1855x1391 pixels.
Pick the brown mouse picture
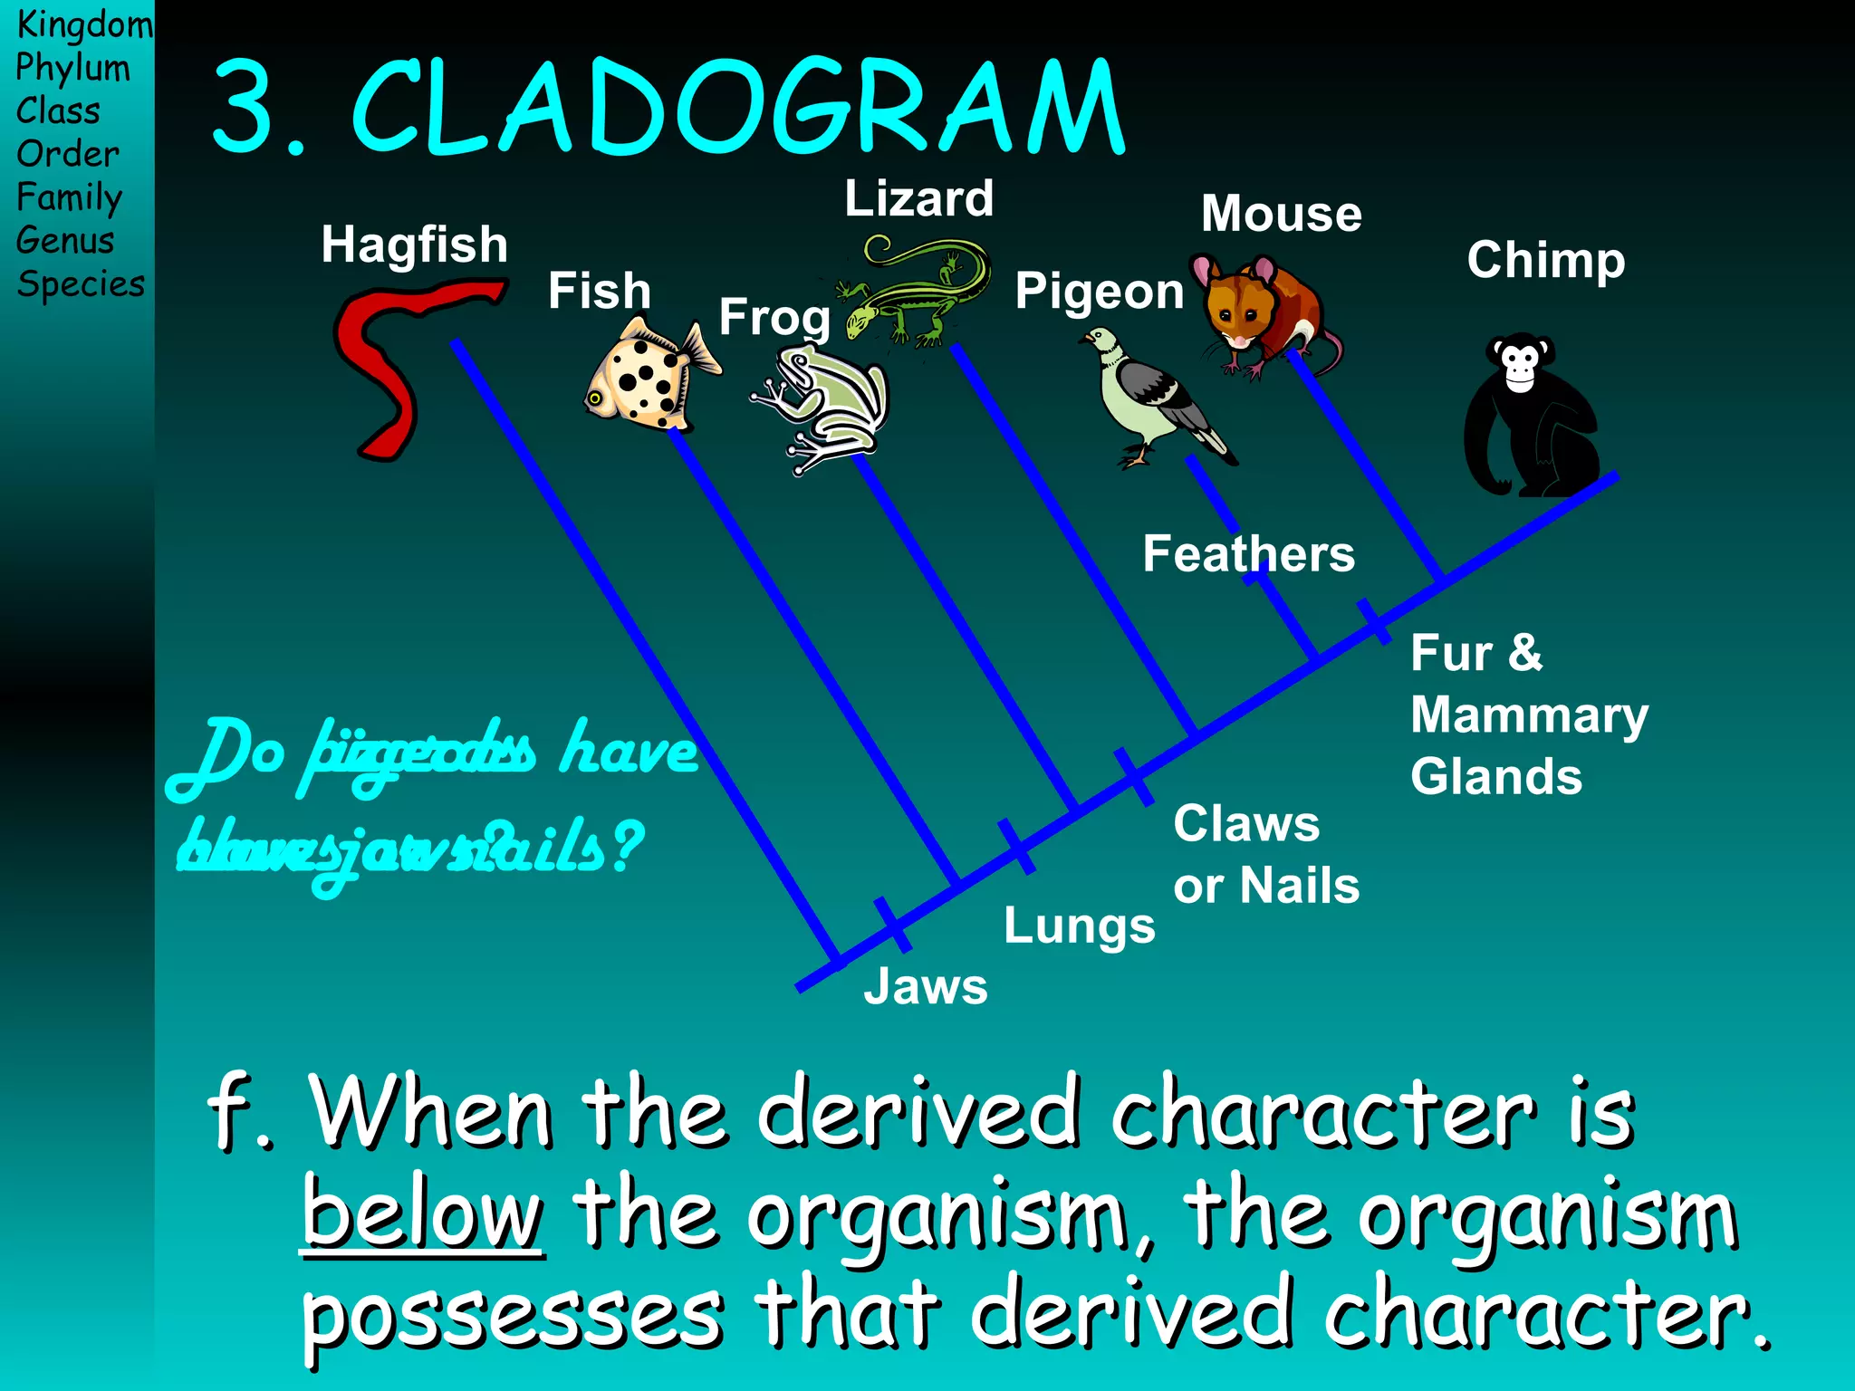click(x=1264, y=312)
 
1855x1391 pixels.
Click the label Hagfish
click(x=414, y=245)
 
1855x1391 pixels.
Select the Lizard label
click(x=918, y=198)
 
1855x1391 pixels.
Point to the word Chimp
click(x=1545, y=261)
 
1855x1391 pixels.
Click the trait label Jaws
click(x=925, y=986)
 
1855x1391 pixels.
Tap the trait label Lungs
click(x=1079, y=926)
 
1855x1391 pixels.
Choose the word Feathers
click(x=1248, y=553)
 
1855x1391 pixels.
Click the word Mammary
click(x=1529, y=715)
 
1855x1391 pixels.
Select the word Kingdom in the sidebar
click(x=84, y=24)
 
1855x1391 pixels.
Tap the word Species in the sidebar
click(x=81, y=284)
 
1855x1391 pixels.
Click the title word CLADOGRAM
click(x=738, y=109)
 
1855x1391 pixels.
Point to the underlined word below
click(x=422, y=1214)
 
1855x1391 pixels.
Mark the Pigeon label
click(x=1099, y=292)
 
